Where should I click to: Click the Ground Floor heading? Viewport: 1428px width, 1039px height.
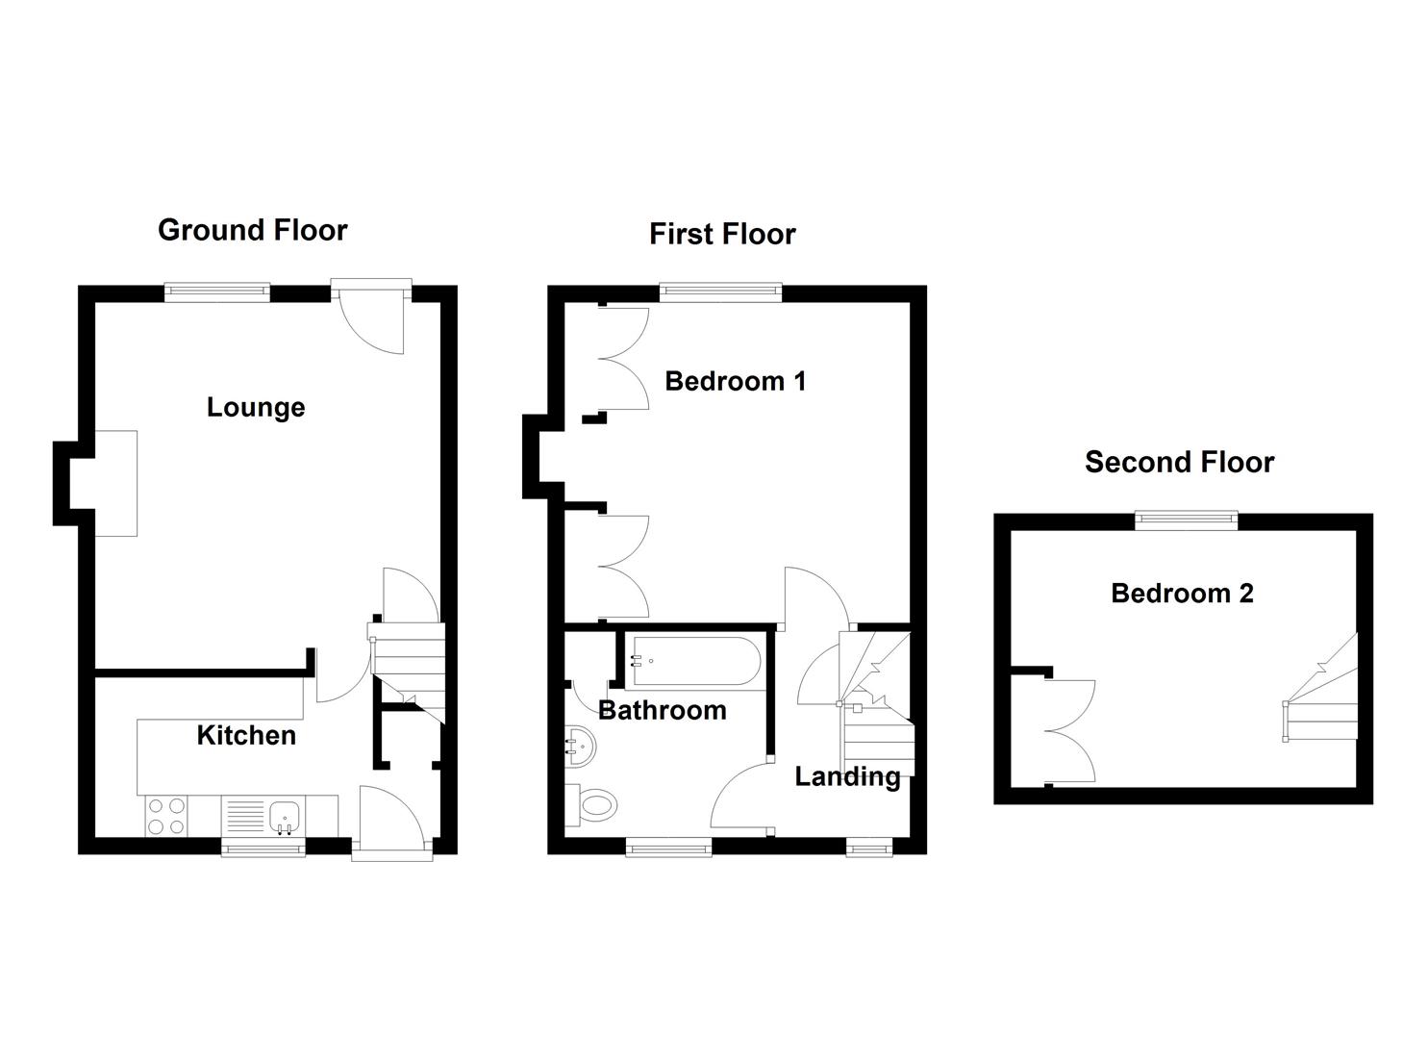[252, 230]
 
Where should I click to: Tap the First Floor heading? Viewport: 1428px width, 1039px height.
[722, 234]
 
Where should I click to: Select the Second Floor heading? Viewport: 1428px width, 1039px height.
[1179, 462]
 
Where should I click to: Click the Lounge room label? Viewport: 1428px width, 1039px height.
[256, 407]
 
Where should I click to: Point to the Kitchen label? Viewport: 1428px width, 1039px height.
[246, 735]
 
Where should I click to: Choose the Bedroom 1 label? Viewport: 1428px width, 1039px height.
[736, 381]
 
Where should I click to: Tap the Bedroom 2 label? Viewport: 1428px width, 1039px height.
[1182, 593]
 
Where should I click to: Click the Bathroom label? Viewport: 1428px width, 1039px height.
[662, 710]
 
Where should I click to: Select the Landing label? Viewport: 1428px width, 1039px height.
[847, 776]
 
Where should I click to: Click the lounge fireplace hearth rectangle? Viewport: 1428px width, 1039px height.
[116, 483]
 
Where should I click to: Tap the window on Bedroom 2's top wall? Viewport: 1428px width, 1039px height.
[1186, 520]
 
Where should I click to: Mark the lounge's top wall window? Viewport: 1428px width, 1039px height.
[216, 292]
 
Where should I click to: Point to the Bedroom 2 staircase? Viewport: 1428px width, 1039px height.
[1322, 700]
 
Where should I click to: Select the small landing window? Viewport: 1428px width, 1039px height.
[868, 847]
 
